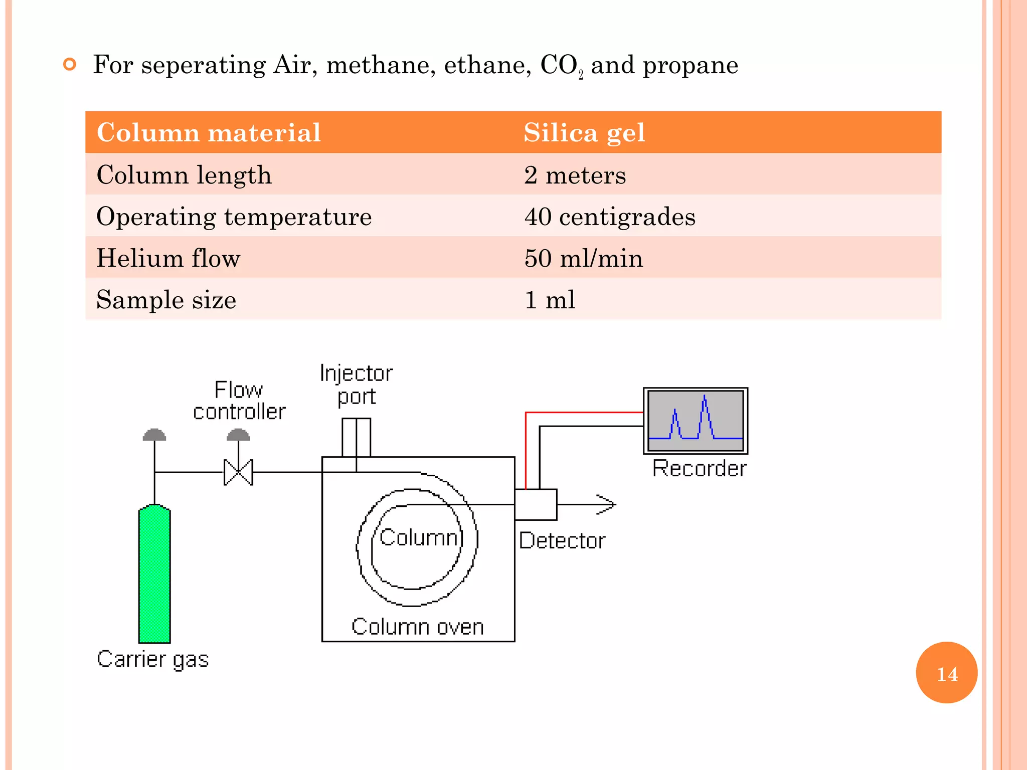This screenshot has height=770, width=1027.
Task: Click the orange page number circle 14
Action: [946, 673]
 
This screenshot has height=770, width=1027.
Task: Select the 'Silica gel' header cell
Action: [584, 133]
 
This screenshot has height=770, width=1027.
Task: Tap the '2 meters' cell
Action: [575, 175]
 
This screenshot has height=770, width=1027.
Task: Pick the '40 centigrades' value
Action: [610, 217]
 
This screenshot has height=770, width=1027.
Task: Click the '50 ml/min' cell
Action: [583, 259]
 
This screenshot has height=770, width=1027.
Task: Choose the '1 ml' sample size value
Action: [550, 300]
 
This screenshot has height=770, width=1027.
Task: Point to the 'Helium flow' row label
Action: [168, 259]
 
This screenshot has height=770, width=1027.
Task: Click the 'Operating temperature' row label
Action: [234, 217]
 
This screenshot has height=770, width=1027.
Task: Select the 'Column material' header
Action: [208, 133]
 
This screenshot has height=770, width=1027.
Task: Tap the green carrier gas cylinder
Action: [154, 574]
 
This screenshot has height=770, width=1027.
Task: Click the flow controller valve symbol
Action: [238, 472]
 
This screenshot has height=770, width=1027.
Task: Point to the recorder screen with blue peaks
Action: [696, 421]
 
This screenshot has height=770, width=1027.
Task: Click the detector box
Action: [536, 504]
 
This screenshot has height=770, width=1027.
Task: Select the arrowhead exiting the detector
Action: [607, 504]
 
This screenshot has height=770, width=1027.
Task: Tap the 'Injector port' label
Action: [356, 384]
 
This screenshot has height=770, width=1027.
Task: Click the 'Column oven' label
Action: [417, 627]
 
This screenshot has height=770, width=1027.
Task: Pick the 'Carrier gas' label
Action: [152, 659]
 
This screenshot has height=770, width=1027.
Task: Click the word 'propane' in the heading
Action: [690, 65]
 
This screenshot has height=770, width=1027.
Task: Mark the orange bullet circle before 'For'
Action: [70, 64]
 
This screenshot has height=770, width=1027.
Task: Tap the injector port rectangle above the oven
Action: [356, 437]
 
